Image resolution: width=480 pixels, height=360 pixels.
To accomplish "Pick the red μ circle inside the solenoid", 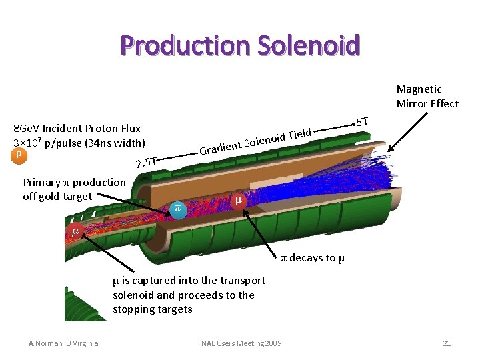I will coord(238,199).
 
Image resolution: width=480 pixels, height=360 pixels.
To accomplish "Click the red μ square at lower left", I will coord(75,231).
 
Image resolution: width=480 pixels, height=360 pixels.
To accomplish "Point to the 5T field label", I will coord(362,122).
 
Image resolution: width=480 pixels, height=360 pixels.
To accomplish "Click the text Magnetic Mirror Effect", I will coord(427,96).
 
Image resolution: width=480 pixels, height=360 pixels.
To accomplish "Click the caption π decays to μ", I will coord(312,258).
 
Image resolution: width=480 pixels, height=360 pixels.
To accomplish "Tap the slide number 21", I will coord(447,343).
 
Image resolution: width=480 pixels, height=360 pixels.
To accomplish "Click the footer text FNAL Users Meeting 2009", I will coord(240,343).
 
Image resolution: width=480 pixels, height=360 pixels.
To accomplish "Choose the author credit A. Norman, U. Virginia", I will coord(63,343).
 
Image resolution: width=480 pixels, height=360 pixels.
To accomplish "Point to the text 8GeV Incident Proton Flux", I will coord(77,128).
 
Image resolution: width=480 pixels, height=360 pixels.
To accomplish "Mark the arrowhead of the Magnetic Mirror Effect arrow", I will coord(391,151).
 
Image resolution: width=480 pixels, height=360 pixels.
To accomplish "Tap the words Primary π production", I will coord(74,182).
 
